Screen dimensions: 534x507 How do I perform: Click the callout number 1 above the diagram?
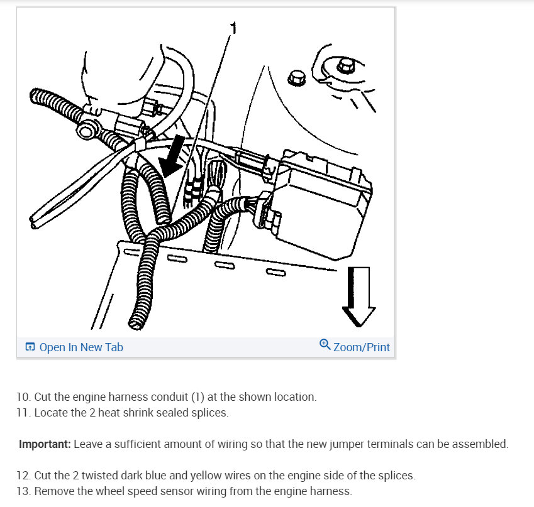pos(233,28)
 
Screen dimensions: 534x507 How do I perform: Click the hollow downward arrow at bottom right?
pos(359,297)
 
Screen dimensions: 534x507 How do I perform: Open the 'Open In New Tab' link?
pos(81,347)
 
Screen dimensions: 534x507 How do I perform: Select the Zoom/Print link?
pos(361,347)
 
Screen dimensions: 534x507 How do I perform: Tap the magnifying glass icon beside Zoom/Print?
pos(325,344)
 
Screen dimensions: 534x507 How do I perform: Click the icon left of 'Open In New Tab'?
pos(30,347)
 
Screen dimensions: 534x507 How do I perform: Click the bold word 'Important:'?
pos(45,444)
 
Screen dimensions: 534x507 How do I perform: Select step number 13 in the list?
pos(24,491)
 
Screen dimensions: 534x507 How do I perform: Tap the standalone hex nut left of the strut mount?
pos(296,79)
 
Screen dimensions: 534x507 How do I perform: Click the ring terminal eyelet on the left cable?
pos(86,129)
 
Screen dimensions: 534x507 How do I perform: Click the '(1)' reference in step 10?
pos(197,397)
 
